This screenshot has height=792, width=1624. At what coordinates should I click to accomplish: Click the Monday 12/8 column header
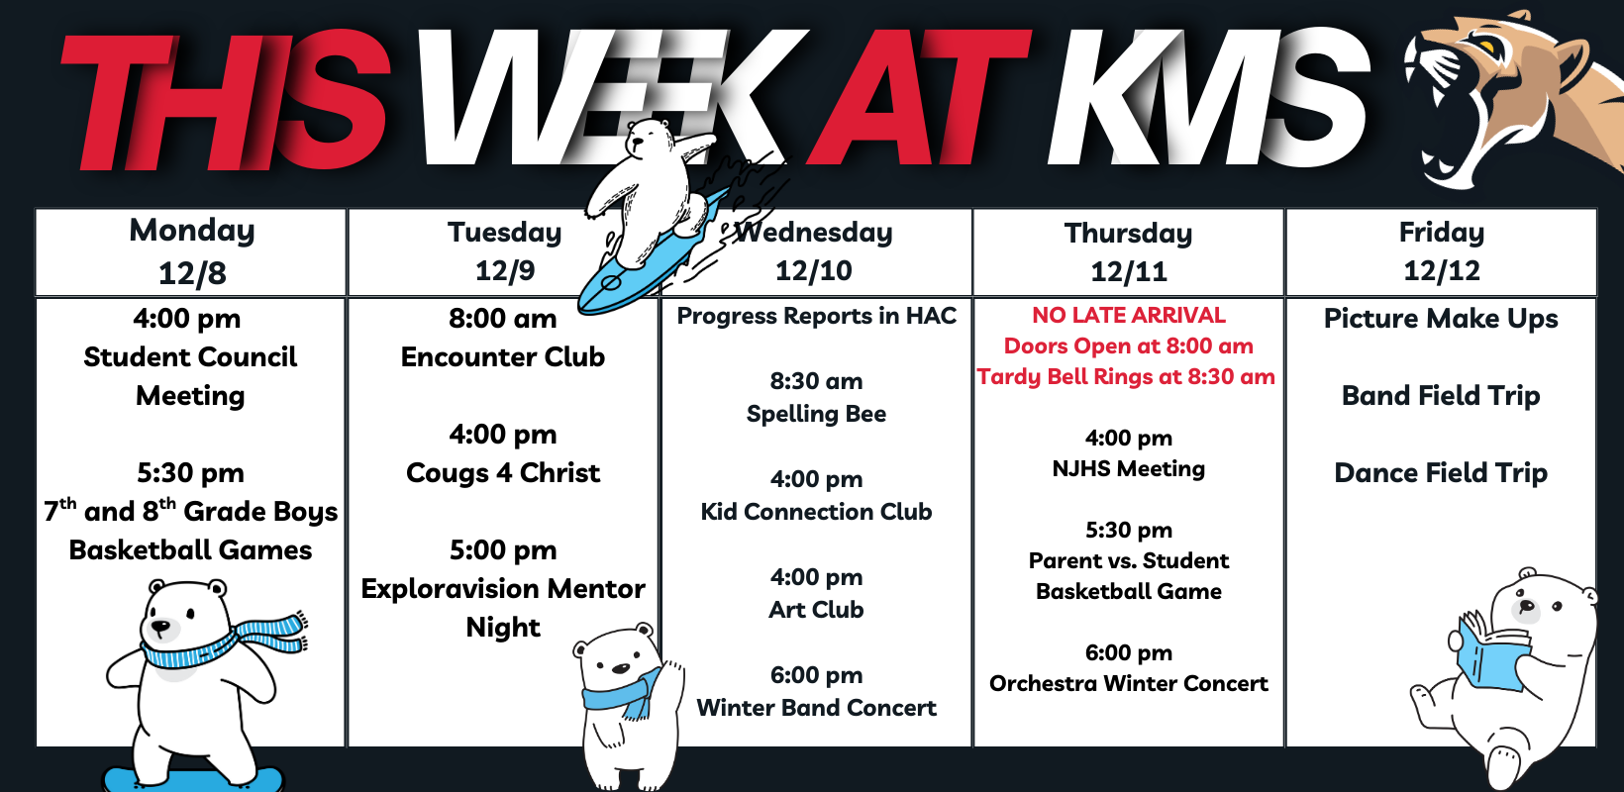(191, 252)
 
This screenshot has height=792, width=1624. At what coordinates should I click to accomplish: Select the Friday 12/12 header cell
(1442, 252)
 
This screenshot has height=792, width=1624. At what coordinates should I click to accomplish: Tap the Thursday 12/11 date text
(1129, 271)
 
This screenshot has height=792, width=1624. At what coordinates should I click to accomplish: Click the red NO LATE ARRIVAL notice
(1129, 315)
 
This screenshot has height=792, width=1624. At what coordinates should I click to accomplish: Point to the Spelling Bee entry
(816, 414)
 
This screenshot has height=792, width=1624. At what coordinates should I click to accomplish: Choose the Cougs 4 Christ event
(503, 472)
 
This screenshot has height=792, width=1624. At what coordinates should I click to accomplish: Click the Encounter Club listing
(503, 356)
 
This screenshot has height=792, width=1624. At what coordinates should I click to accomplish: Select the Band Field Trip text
(1442, 396)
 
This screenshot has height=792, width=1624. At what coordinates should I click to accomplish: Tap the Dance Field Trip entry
(1442, 472)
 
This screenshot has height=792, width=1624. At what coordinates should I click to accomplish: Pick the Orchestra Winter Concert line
(1129, 683)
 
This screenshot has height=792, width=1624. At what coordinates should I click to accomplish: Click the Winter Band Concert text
(816, 707)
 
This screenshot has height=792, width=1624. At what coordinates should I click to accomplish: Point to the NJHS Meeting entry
(1129, 469)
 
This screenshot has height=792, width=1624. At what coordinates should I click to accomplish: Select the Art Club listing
(816, 610)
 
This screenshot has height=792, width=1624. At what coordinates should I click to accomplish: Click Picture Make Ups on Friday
(1442, 319)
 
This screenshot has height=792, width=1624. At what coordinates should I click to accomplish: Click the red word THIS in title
(225, 100)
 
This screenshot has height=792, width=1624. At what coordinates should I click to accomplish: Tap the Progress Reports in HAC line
(816, 316)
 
